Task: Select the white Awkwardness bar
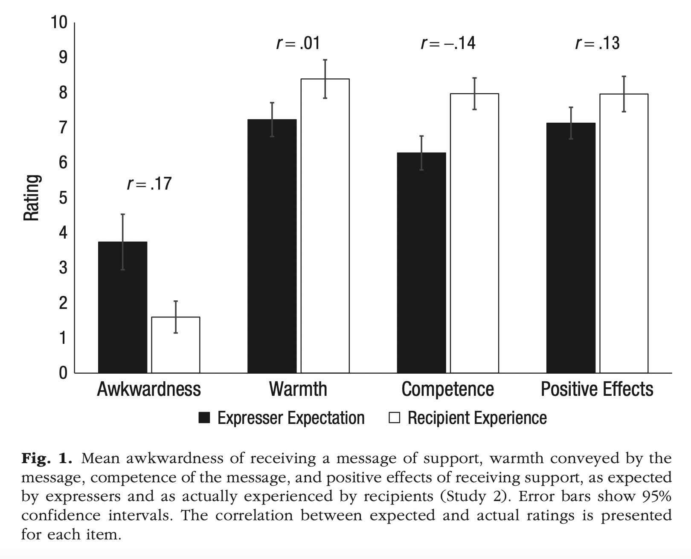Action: pos(176,345)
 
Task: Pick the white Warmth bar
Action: pos(325,226)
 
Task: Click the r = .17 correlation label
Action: pos(149,184)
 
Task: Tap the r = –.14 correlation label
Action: pos(448,43)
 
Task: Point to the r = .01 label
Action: pos(298,43)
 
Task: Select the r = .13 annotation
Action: pos(597,43)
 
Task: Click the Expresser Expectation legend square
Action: pos(205,418)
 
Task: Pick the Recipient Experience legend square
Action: pos(395,418)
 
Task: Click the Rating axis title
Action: pos(32,198)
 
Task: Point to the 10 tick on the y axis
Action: pos(59,22)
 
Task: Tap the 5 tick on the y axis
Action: pos(63,198)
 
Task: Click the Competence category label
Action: pos(448,389)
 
